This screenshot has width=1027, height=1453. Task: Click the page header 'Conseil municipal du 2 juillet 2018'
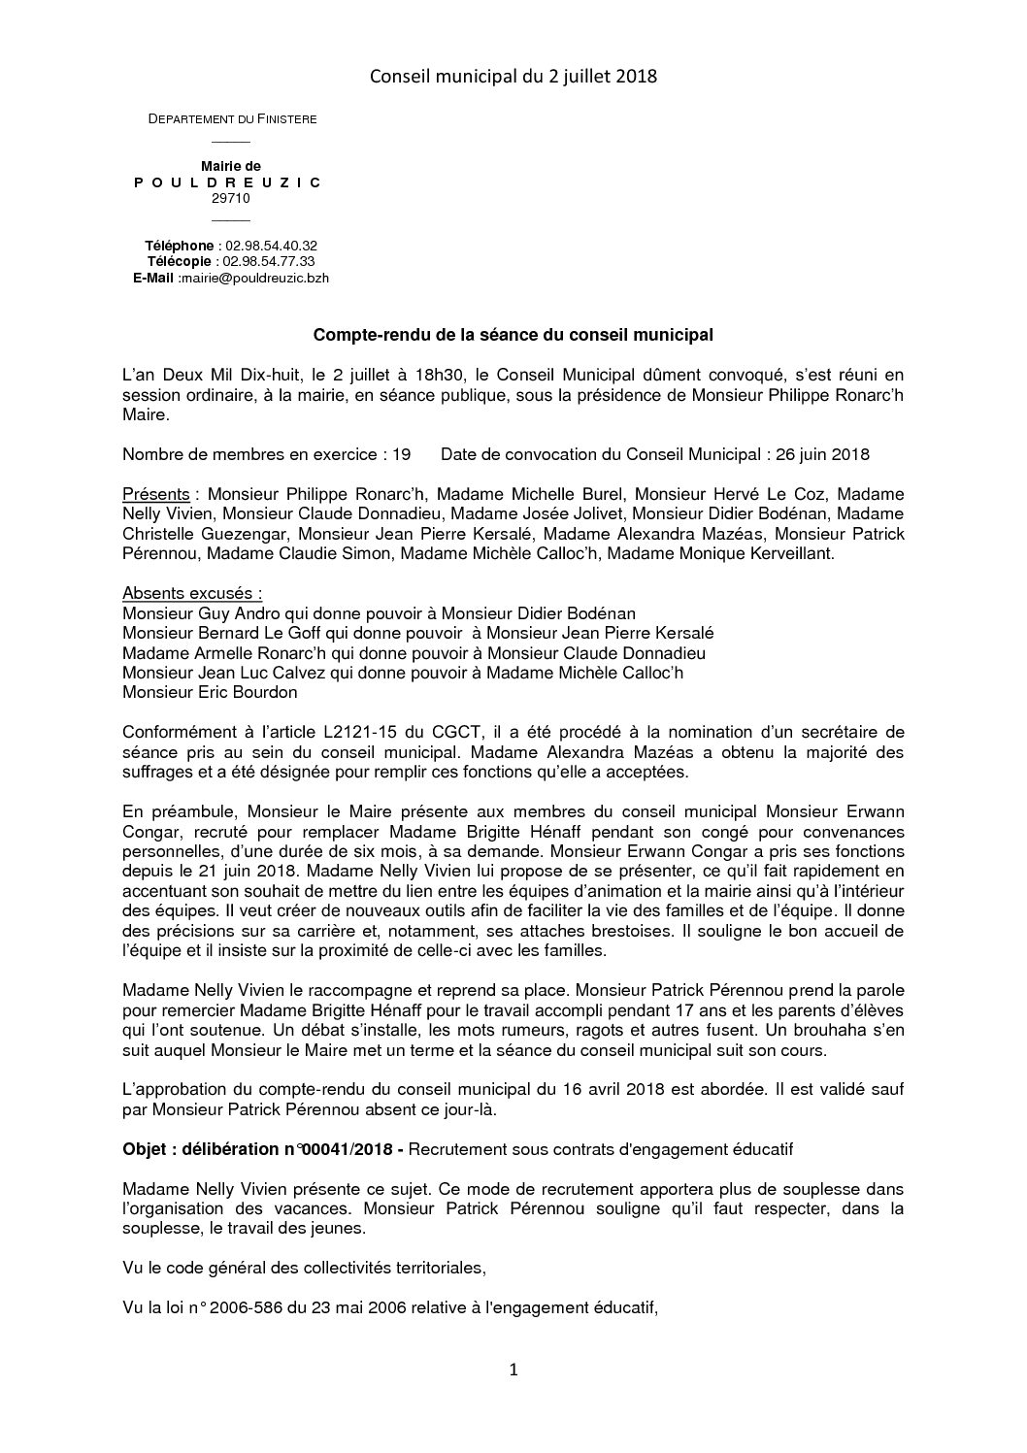pos(513,75)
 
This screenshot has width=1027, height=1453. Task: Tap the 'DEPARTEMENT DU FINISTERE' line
pos(232,119)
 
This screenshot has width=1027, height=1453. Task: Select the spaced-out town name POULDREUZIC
pos(231,182)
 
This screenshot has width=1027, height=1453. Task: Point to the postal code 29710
pos(231,198)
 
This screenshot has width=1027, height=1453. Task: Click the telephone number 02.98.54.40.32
pos(271,246)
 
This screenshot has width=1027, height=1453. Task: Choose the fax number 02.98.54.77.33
pos(268,261)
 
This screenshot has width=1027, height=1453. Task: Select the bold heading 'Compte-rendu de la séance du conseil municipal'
pos(513,336)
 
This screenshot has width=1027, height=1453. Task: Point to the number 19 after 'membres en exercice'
pos(402,454)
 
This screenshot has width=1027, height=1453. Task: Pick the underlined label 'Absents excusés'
pos(191,594)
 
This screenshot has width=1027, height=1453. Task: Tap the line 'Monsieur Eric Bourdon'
pos(210,693)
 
